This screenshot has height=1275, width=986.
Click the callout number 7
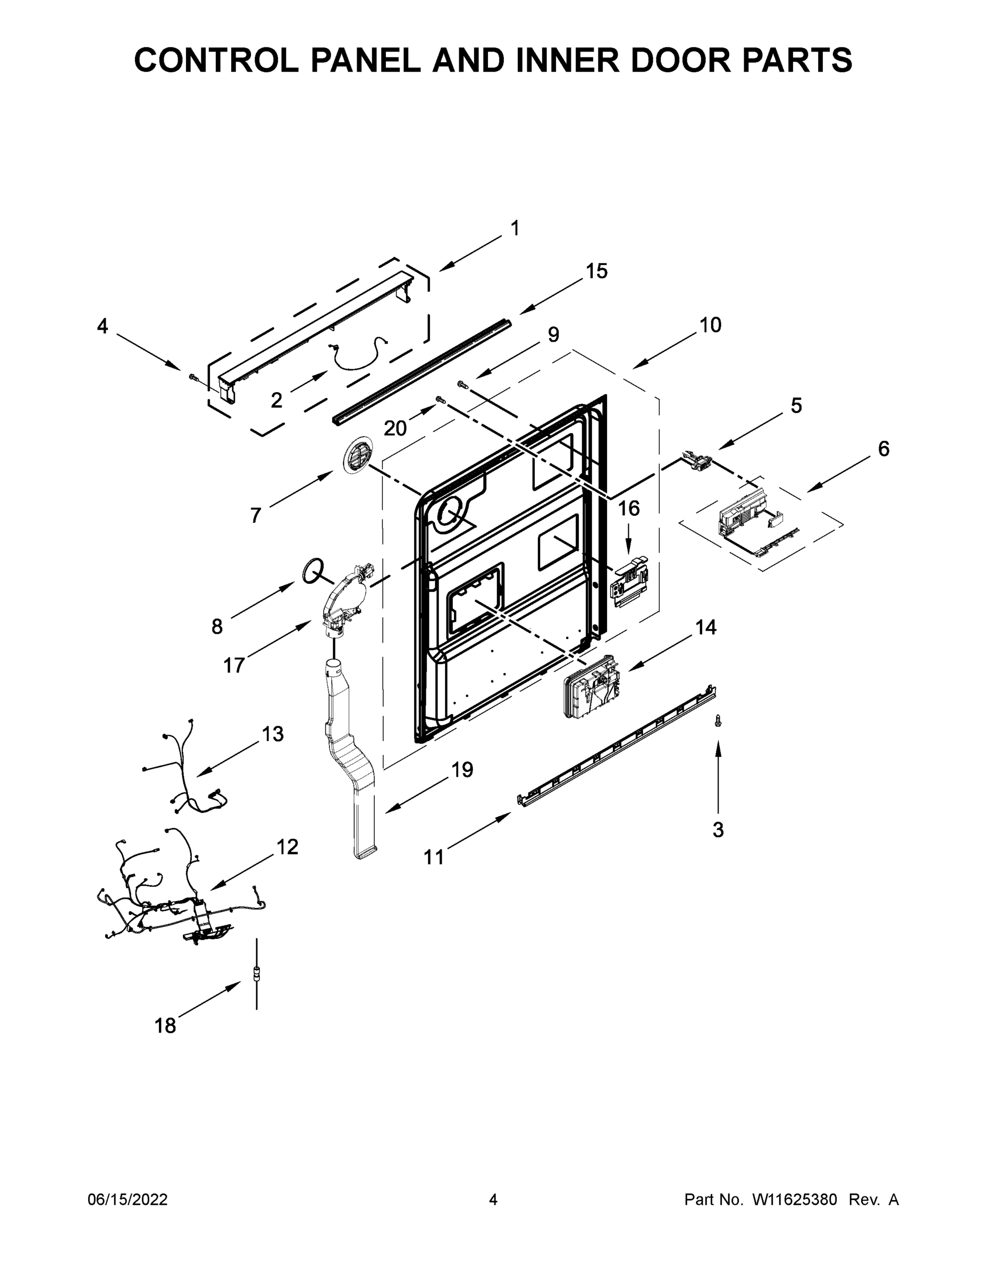255,515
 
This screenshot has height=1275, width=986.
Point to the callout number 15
596,271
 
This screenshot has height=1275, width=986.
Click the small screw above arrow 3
719,722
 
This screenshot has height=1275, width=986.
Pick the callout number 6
883,449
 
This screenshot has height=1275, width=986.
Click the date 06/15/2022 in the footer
128,1200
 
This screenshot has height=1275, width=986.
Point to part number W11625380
795,1200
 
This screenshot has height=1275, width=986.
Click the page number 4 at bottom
493,1200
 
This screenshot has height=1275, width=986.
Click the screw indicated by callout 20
441,399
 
